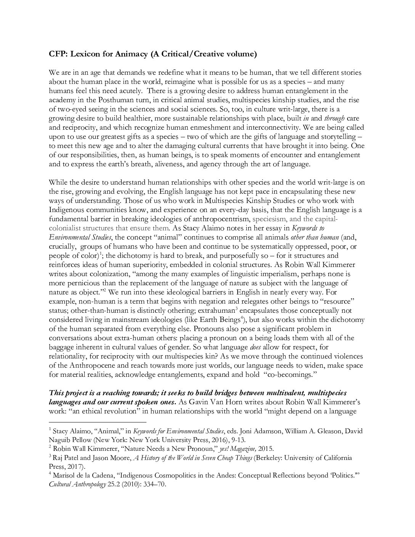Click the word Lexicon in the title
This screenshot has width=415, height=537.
point(83,54)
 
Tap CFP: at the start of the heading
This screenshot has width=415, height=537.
point(58,54)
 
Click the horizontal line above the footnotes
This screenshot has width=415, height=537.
point(98,422)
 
